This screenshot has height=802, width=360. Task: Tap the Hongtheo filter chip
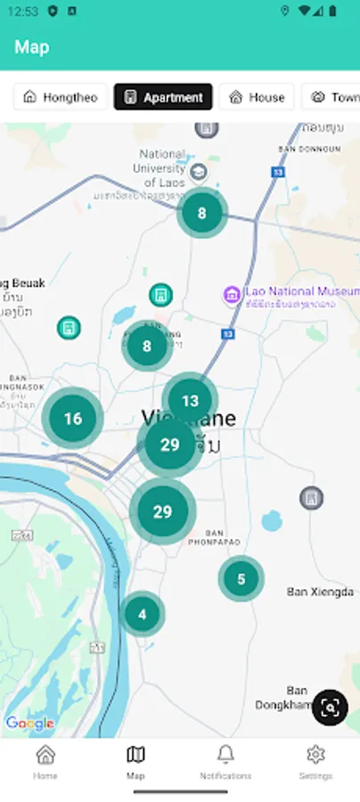[61, 97]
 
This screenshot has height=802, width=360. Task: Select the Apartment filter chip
[163, 97]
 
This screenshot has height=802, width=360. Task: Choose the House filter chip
[257, 97]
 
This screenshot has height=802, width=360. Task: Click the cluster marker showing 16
[73, 419]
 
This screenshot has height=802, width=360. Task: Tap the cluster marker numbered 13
[190, 401]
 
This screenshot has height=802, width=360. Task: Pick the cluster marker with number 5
[241, 579]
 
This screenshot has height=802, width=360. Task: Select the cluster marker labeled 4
[142, 613]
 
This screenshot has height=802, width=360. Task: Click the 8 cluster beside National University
[201, 213]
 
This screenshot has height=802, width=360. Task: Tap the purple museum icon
[232, 295]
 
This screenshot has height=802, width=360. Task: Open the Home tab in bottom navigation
[45, 762]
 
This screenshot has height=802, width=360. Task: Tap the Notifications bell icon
[225, 755]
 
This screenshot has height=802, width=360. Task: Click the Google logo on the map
[29, 724]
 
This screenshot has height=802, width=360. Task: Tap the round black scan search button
[330, 708]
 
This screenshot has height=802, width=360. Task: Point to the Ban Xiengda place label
[320, 592]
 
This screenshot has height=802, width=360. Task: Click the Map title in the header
[32, 47]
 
